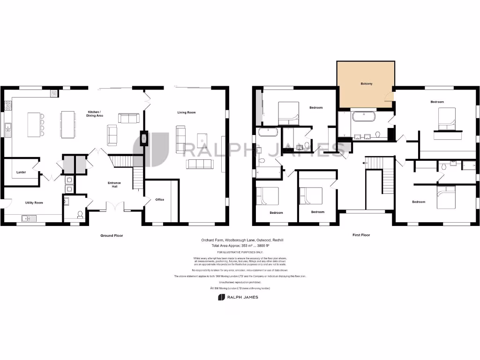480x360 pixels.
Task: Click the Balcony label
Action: (367, 84)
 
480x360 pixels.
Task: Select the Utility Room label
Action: (34, 202)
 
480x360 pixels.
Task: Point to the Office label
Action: (160, 200)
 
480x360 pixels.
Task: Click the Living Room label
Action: (186, 112)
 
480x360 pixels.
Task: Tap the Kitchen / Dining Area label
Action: (95, 113)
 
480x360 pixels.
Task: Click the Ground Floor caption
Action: (112, 235)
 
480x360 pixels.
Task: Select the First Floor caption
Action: (361, 235)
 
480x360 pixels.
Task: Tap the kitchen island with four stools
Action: (34, 124)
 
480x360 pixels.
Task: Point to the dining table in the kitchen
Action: (68, 124)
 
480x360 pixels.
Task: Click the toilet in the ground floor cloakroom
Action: (80, 215)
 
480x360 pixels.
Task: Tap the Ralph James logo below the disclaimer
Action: (238, 297)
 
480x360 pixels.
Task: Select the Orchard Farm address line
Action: (242, 240)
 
